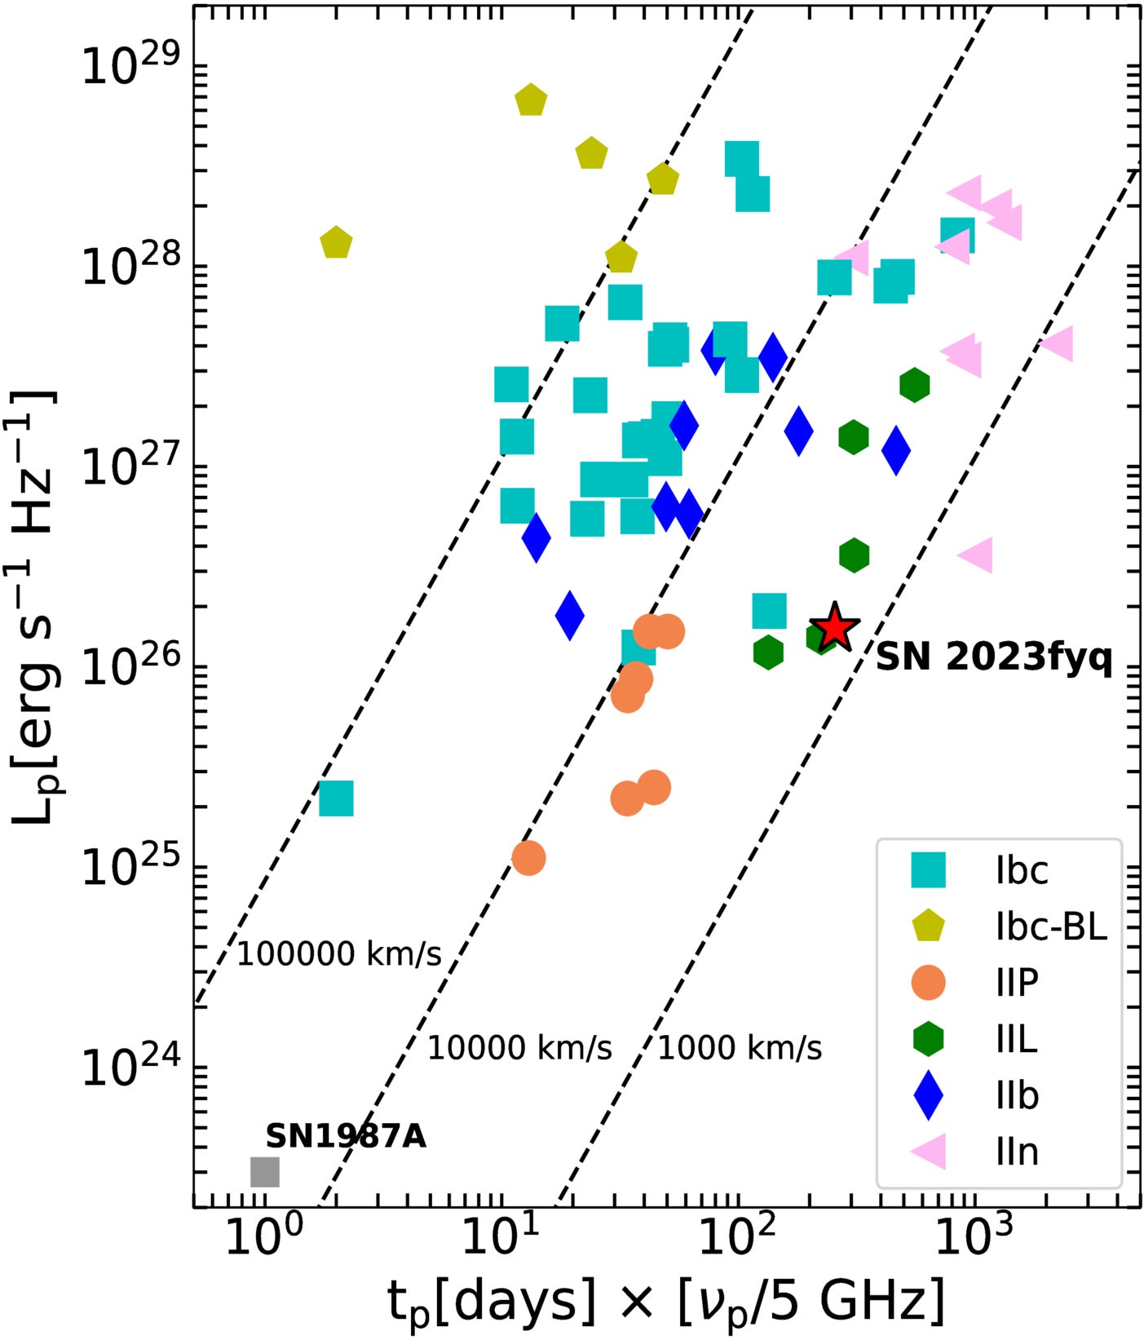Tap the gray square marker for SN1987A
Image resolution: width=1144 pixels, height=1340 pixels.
pyautogui.click(x=264, y=1172)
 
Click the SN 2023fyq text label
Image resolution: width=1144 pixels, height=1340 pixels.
pyautogui.click(x=993, y=657)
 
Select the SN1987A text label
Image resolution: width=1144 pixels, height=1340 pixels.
pyautogui.click(x=346, y=1136)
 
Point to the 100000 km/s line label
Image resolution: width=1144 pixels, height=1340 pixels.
pyautogui.click(x=339, y=953)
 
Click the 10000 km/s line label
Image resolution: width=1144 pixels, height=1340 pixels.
pyautogui.click(x=519, y=1048)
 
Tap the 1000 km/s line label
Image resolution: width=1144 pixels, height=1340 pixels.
pyautogui.click(x=740, y=1048)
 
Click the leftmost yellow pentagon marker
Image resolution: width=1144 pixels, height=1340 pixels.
pyautogui.click(x=336, y=242)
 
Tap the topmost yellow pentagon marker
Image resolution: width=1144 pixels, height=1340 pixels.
pyautogui.click(x=531, y=100)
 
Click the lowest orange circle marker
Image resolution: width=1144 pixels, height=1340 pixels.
pyautogui.click(x=528, y=858)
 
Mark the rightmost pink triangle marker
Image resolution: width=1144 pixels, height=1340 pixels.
pyautogui.click(x=1058, y=344)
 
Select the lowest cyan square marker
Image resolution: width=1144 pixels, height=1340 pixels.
pyautogui.click(x=336, y=798)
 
